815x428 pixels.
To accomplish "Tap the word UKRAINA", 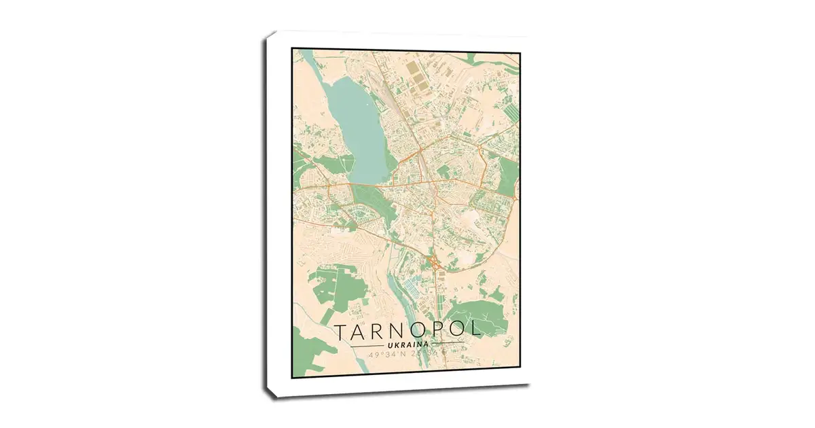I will click(x=407, y=346).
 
